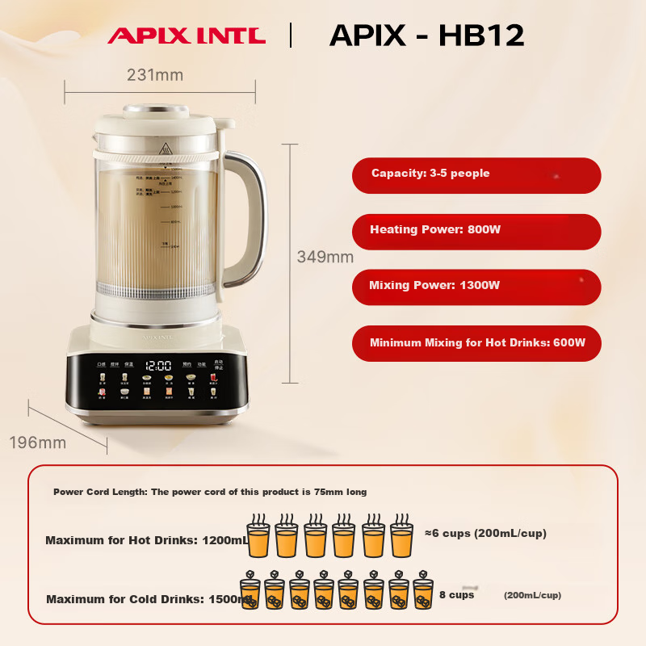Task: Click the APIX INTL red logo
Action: [x=187, y=36]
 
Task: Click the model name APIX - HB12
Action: [x=427, y=35]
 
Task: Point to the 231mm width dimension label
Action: [x=155, y=75]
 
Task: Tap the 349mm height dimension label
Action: [x=325, y=257]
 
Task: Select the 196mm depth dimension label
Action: [x=38, y=443]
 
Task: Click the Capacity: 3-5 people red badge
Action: [x=476, y=175]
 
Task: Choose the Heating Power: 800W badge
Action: [x=476, y=231]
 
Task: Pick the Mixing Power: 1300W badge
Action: [x=476, y=287]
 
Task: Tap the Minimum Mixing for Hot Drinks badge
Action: [x=476, y=343]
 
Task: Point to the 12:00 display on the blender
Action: [x=158, y=365]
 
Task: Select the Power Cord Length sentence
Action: [x=210, y=492]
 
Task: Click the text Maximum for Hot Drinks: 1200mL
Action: [x=146, y=540]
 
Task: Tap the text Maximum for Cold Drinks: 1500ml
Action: [x=146, y=599]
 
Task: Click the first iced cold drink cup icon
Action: [x=250, y=592]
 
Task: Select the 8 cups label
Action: [x=455, y=595]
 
